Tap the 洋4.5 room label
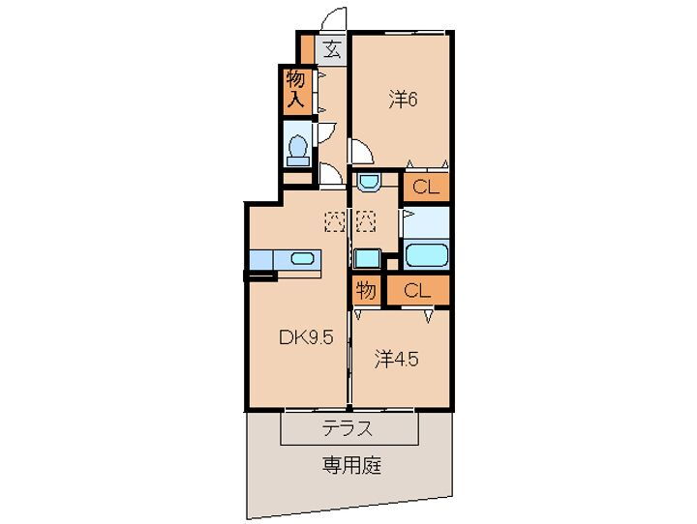click(397, 359)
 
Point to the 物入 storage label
click(296, 88)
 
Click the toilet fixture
click(299, 148)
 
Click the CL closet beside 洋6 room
click(426, 188)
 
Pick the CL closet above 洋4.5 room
click(417, 289)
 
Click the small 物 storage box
click(365, 289)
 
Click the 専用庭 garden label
click(351, 466)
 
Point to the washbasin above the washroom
click(367, 181)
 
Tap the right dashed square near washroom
click(366, 221)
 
